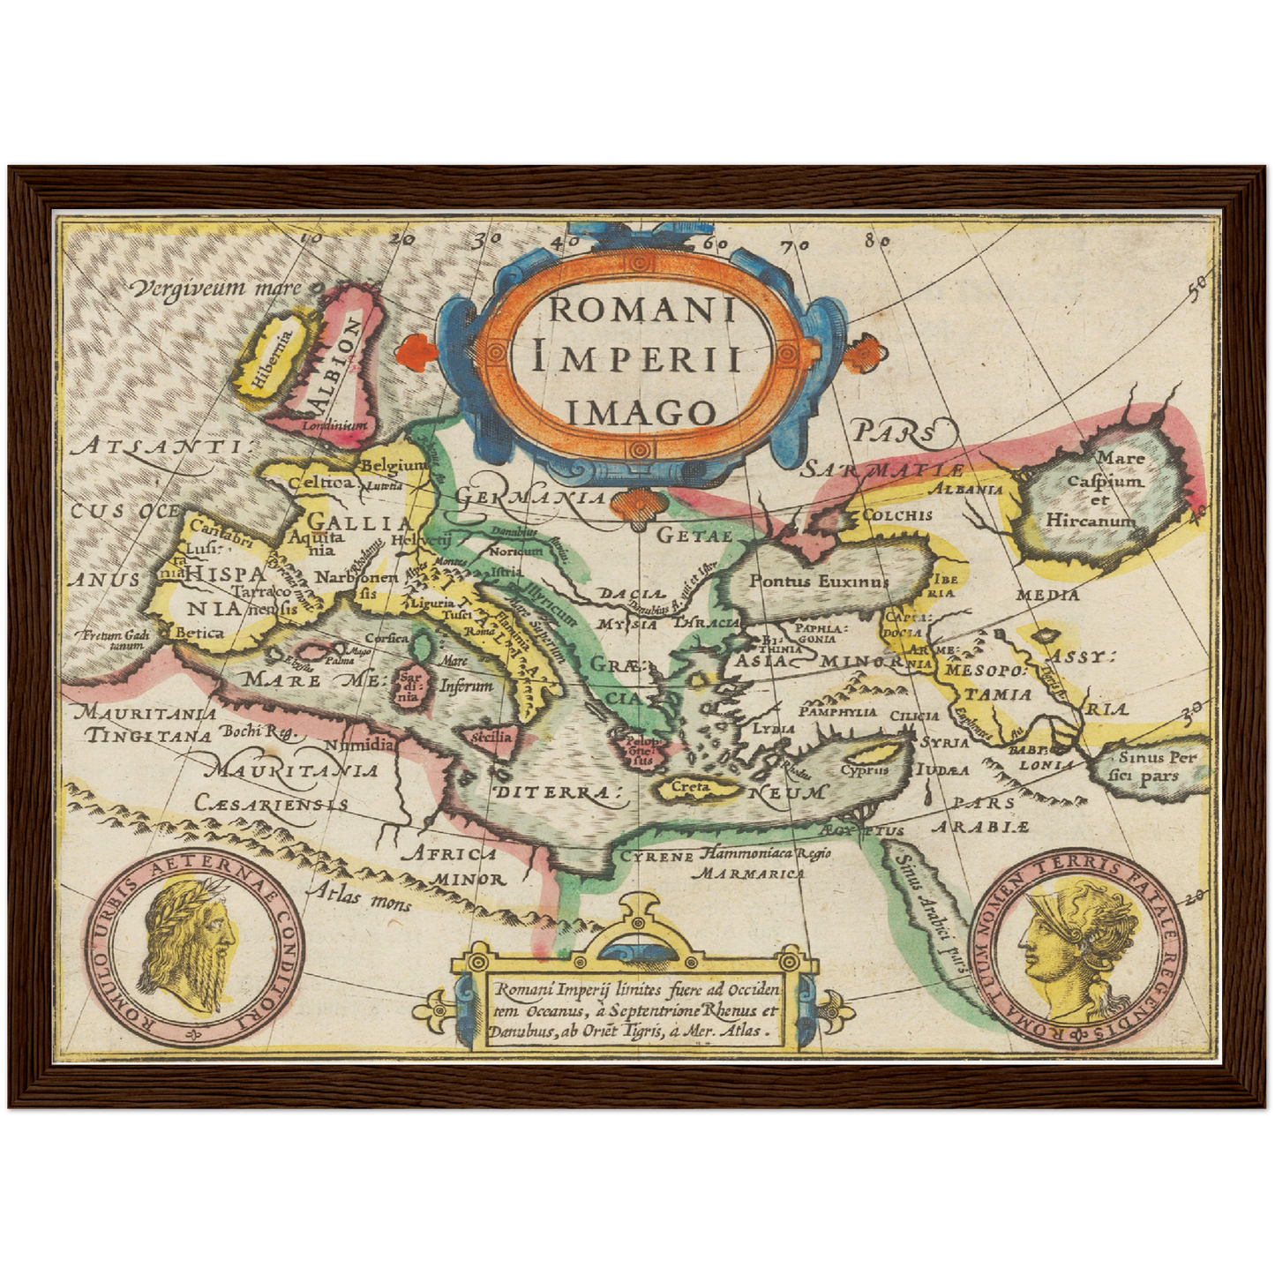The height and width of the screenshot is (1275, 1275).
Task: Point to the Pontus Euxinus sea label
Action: click(x=820, y=581)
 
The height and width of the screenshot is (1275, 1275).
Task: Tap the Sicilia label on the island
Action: click(x=491, y=736)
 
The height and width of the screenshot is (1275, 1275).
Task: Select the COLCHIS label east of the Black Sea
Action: click(x=897, y=514)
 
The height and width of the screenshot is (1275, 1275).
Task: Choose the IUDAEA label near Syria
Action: click(x=942, y=770)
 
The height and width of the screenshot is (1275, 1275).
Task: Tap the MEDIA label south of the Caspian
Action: click(x=1046, y=595)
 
